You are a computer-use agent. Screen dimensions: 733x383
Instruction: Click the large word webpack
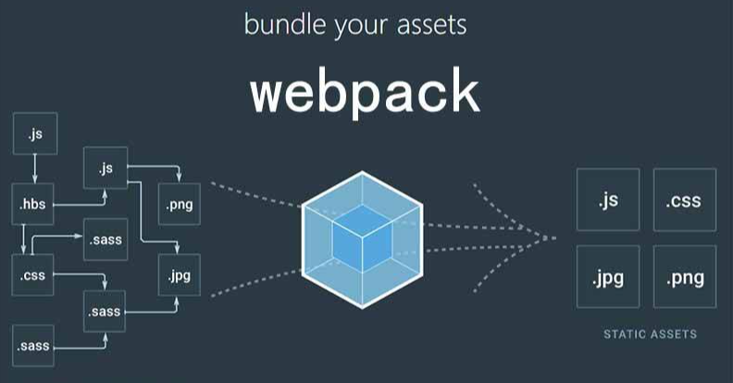[x=365, y=94]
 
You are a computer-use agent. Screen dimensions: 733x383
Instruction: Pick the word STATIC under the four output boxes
[x=625, y=334]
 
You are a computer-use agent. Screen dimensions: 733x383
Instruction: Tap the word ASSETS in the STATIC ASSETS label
[x=674, y=334]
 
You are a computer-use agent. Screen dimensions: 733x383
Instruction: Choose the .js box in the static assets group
[x=607, y=199]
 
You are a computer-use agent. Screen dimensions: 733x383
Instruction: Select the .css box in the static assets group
[x=684, y=199]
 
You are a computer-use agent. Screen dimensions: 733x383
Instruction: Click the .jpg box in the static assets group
[x=607, y=277]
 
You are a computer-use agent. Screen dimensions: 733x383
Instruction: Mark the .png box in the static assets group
[x=684, y=277]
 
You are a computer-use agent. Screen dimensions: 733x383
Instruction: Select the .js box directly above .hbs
[x=34, y=134]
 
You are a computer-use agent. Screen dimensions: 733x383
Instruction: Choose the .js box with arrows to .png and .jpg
[x=105, y=168]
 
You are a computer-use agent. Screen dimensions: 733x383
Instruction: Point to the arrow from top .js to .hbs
[x=34, y=168]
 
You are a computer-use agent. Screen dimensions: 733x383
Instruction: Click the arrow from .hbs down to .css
[x=24, y=240]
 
